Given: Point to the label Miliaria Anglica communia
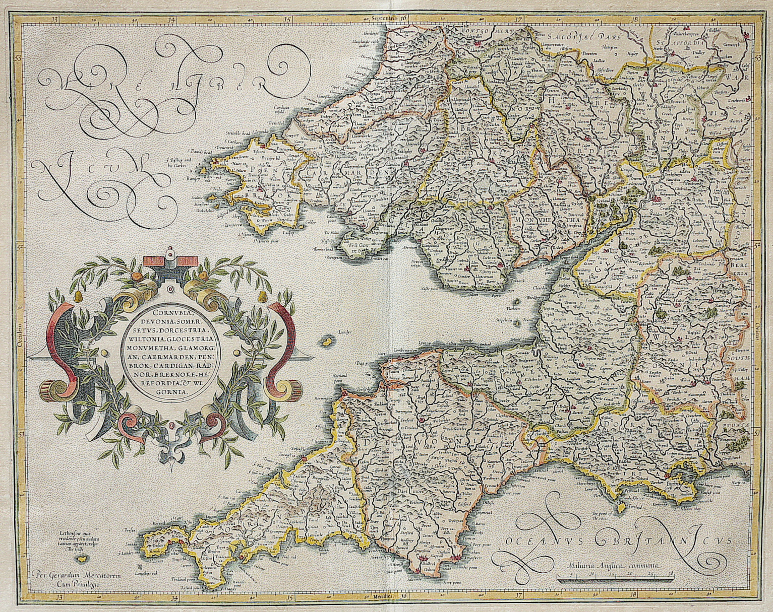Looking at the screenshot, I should pyautogui.click(x=616, y=566).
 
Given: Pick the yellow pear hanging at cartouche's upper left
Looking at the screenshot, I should pyautogui.click(x=79, y=298).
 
